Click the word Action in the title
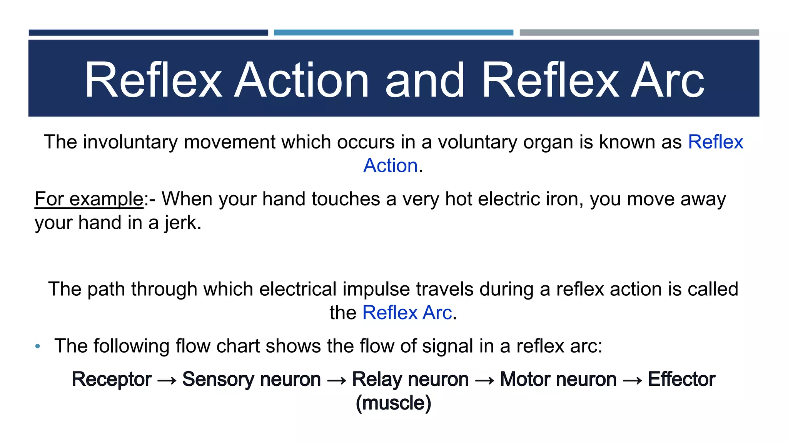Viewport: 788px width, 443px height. pyautogui.click(x=302, y=80)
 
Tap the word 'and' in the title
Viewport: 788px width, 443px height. pyautogui.click(x=425, y=80)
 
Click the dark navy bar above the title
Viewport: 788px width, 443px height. pyautogui.click(x=149, y=33)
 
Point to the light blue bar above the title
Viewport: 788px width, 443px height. pyautogui.click(x=393, y=33)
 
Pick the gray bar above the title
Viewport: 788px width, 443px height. pyautogui.click(x=639, y=33)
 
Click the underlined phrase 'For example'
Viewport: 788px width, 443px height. pyautogui.click(x=89, y=199)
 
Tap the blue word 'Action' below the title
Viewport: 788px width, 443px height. pyautogui.click(x=391, y=166)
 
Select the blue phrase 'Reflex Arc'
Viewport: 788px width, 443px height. pyautogui.click(x=407, y=313)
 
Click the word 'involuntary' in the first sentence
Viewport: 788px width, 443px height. pyautogui.click(x=130, y=142)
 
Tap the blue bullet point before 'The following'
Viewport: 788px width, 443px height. pyautogui.click(x=37, y=346)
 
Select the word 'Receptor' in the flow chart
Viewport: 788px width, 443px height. pyautogui.click(x=112, y=380)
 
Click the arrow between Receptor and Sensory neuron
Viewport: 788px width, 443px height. pyautogui.click(x=167, y=381)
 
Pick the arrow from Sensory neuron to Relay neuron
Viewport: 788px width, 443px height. pyautogui.click(x=337, y=381)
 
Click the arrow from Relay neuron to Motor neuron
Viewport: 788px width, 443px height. pyautogui.click(x=484, y=381)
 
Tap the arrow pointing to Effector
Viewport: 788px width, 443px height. pyautogui.click(x=632, y=381)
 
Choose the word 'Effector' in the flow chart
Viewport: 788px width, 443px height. pyautogui.click(x=681, y=380)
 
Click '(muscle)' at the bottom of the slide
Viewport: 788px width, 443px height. pyautogui.click(x=393, y=403)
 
